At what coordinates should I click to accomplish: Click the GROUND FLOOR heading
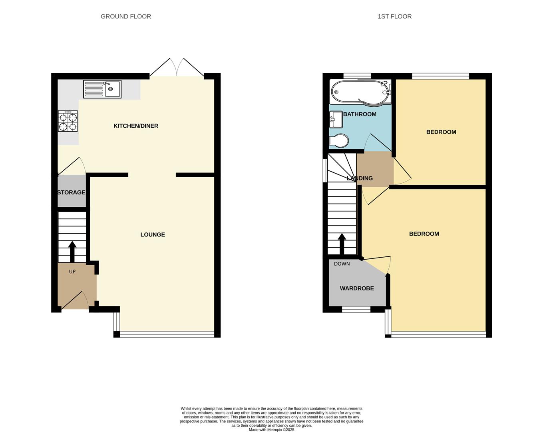pos(125,16)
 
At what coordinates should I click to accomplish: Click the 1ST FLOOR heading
pos(394,16)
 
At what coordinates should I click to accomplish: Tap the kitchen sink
pos(102,89)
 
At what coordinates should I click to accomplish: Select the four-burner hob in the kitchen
pos(68,122)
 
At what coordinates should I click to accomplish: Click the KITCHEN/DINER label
pos(136,126)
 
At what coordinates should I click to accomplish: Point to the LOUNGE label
pos(153,235)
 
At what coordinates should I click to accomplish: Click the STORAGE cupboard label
pos(72,192)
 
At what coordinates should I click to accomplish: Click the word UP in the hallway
pos(72,272)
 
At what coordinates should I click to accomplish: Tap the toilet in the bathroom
pos(339,141)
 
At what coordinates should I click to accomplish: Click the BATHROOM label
pos(360,114)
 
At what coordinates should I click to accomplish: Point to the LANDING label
pos(360,178)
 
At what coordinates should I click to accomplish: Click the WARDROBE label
pos(357,288)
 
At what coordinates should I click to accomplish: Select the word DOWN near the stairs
pos(342,264)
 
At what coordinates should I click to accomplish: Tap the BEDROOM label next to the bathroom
pos(441,132)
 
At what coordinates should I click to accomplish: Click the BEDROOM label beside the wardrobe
pos(424,234)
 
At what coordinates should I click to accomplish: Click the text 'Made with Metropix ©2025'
pos(271,430)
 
